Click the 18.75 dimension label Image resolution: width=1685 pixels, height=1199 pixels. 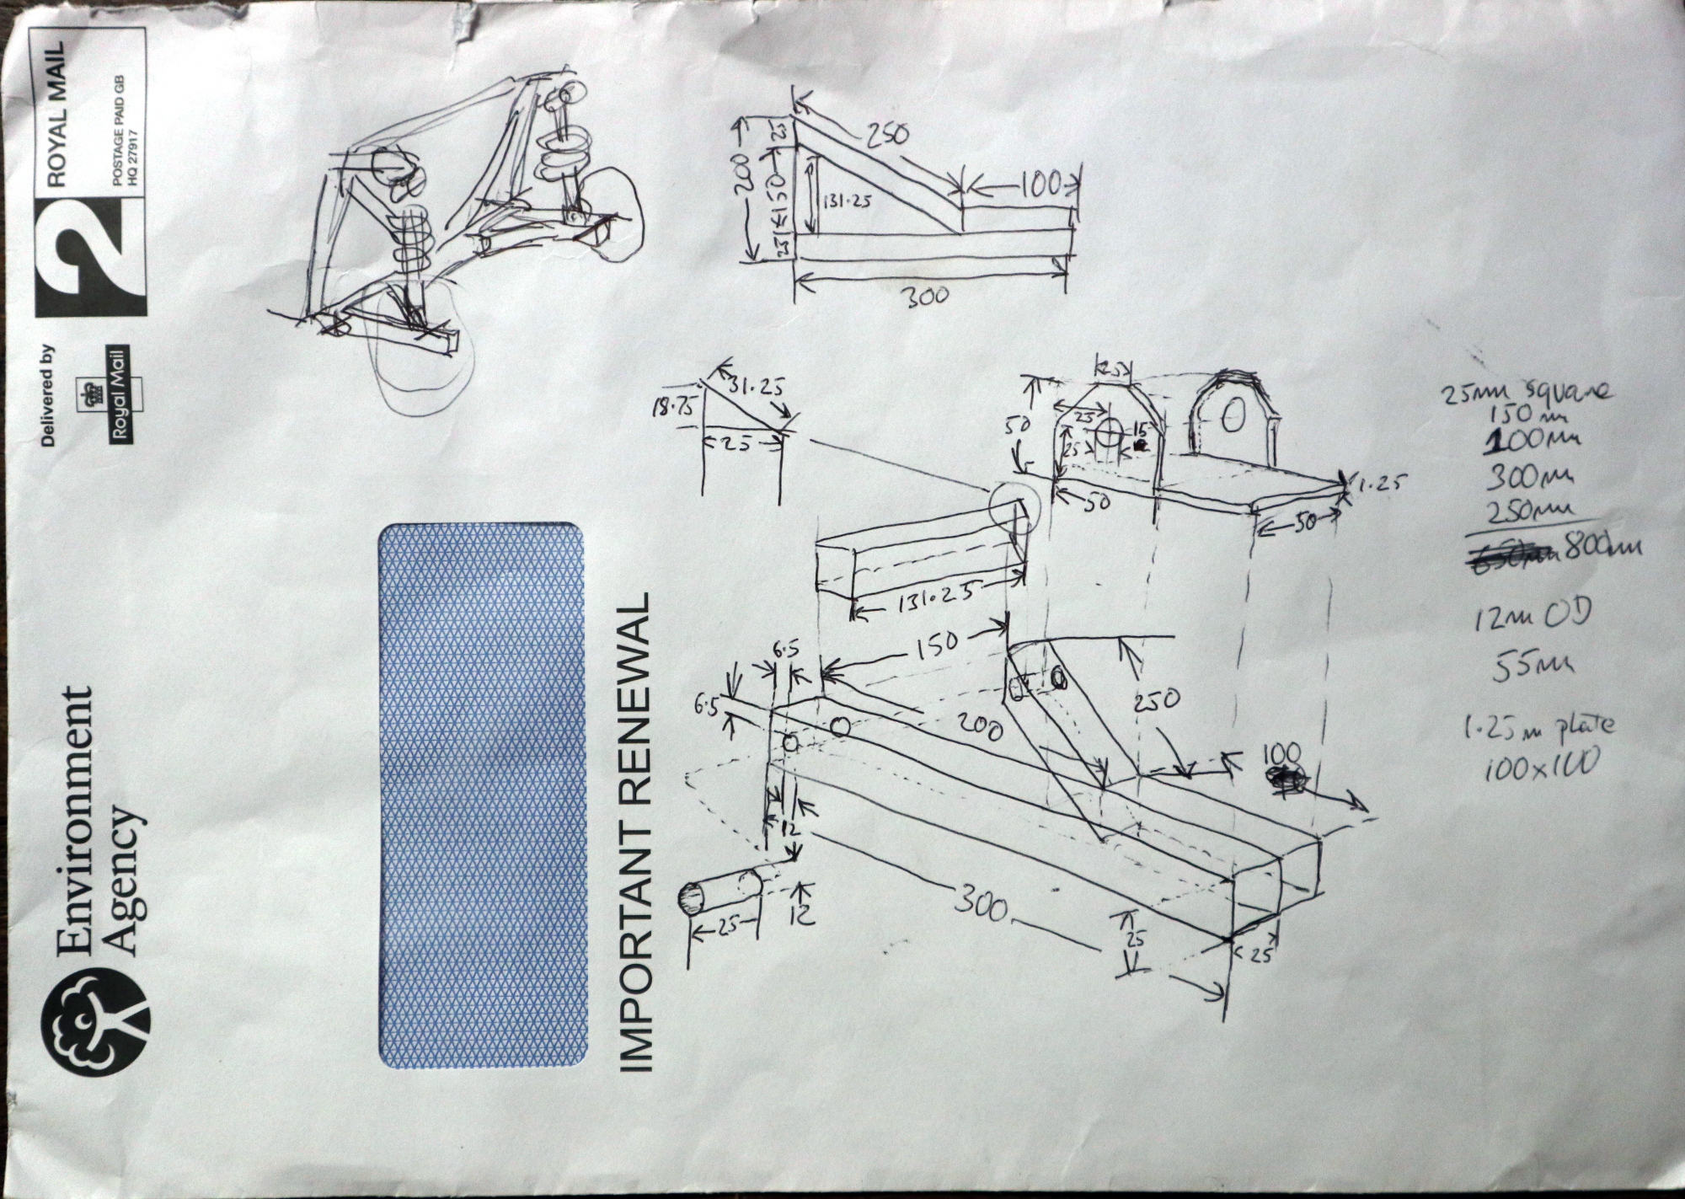click(671, 407)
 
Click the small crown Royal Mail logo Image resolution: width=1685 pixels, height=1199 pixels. click(112, 392)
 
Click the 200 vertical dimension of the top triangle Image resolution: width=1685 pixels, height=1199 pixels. click(741, 173)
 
